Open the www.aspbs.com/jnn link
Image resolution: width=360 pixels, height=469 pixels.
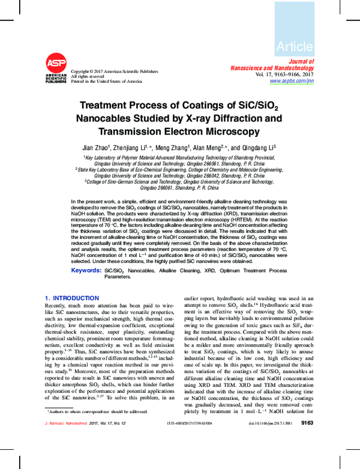(x=292, y=80)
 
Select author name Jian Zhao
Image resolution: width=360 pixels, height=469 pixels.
(x=97, y=147)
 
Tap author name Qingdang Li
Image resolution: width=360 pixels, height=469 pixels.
(x=259, y=147)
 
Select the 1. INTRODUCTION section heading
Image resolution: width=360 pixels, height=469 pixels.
(x=72, y=298)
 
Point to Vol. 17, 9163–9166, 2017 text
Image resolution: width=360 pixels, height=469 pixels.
(x=284, y=74)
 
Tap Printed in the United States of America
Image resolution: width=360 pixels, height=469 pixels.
(x=106, y=81)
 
